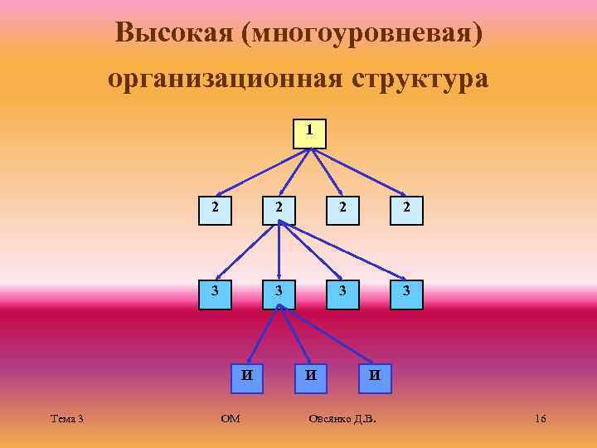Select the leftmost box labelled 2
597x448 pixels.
(215, 210)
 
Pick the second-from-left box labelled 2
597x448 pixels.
(279, 210)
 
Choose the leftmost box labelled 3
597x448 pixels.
(215, 294)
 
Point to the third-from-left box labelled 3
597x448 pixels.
(343, 294)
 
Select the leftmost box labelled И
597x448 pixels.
(247, 376)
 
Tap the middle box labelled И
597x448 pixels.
(311, 376)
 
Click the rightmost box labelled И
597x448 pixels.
(375, 376)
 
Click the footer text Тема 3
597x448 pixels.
(66, 419)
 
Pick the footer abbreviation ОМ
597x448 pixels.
(231, 419)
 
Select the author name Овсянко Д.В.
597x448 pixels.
(342, 419)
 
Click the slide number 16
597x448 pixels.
(540, 419)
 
